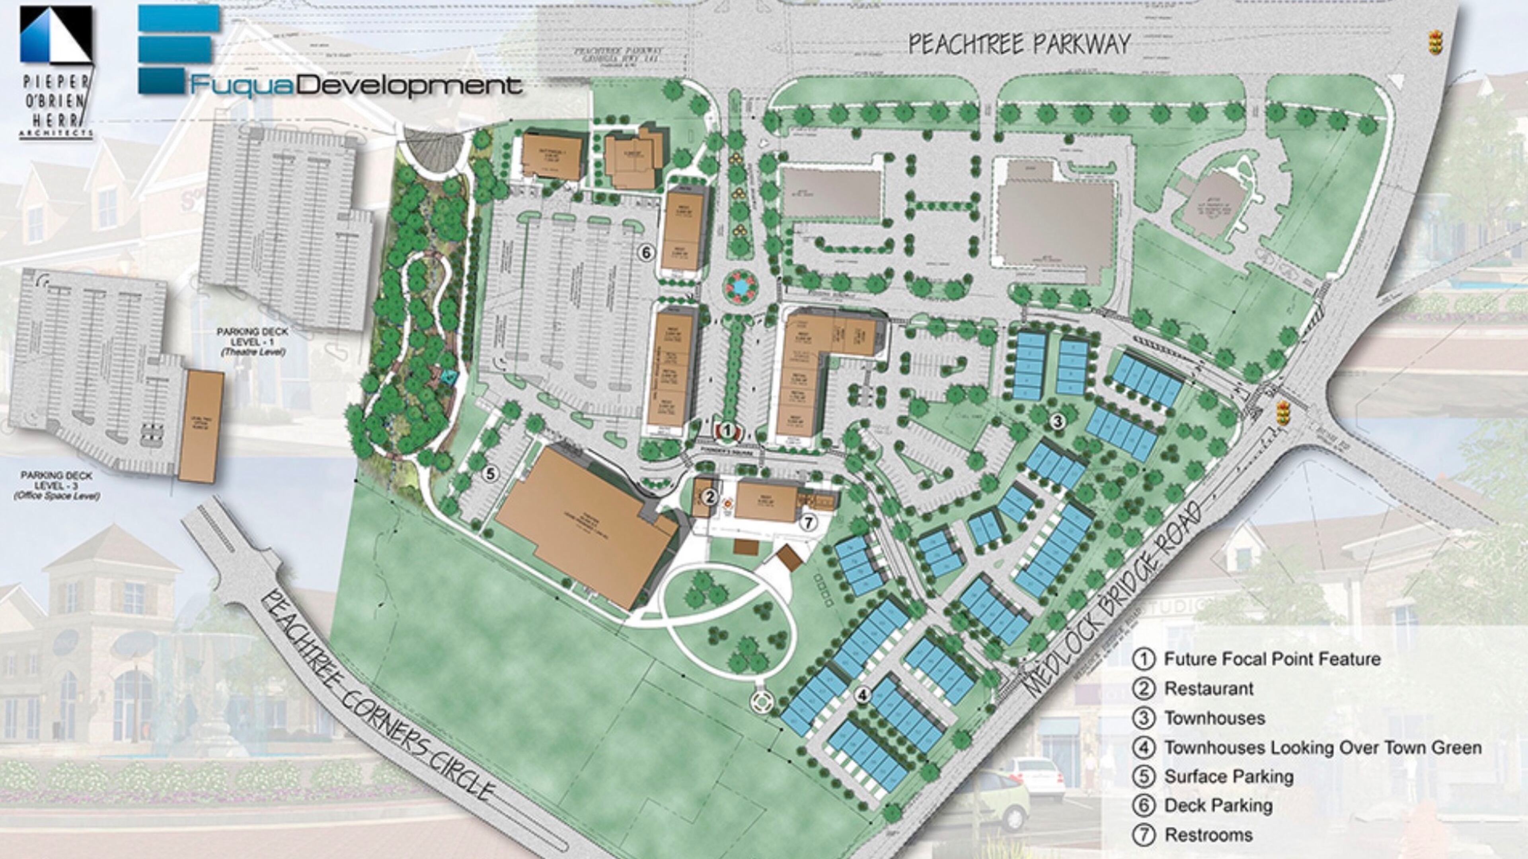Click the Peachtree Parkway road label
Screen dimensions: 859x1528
1019,45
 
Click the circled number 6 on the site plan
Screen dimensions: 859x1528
646,253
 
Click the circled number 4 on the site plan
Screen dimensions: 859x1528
863,695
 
